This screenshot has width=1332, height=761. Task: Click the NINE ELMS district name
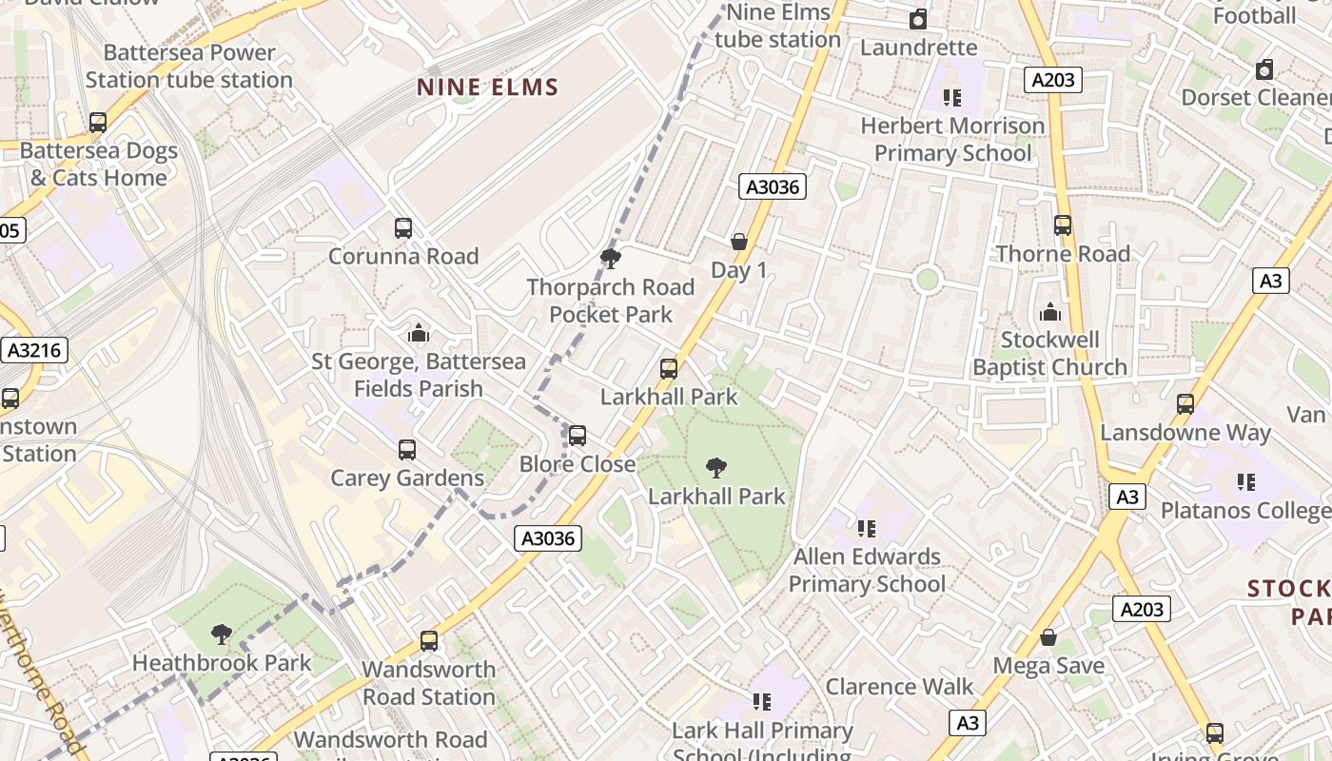pos(487,88)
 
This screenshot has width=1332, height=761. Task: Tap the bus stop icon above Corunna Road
pos(403,228)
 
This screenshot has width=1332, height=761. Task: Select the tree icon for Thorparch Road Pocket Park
pos(611,258)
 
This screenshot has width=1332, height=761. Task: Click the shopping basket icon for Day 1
pos(739,242)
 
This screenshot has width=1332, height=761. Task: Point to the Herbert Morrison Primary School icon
pos(951,97)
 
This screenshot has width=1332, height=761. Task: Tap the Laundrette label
pos(918,47)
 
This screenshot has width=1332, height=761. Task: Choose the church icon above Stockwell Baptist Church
pos(1050,312)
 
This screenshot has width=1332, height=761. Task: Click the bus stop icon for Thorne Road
pos(1063,225)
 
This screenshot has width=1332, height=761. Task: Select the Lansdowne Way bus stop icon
pos(1185,404)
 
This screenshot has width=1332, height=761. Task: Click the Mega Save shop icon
pos(1048,637)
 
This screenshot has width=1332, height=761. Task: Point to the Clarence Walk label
pos(899,686)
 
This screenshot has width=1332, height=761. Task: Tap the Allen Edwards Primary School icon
pos(867,528)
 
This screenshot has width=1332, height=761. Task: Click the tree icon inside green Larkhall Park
pos(716,467)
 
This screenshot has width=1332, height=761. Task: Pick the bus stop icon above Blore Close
pos(578,436)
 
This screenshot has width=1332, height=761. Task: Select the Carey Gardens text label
pos(407,478)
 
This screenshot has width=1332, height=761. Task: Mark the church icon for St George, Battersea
pos(419,333)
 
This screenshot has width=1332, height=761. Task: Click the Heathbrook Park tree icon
pos(222,634)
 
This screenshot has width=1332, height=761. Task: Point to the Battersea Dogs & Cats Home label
pos(99,164)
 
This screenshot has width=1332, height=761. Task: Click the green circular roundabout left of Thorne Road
pos(928,280)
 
